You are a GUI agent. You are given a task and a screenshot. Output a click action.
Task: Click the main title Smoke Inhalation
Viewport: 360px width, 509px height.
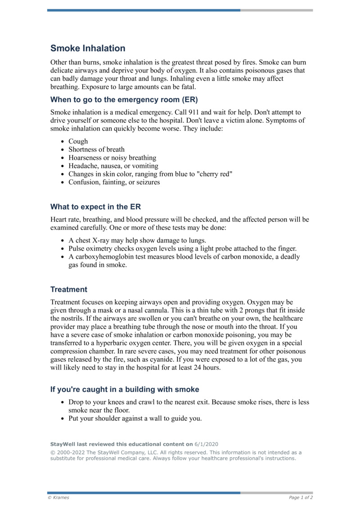pyautogui.click(x=88, y=48)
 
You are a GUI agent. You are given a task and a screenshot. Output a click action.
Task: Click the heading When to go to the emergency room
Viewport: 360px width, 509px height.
pyautogui.click(x=124, y=99)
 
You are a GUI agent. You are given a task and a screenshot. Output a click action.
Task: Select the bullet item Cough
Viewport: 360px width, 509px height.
pyautogui.click(x=78, y=141)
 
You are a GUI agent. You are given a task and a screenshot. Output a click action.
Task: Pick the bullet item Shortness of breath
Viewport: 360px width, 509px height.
pyautogui.click(x=96, y=149)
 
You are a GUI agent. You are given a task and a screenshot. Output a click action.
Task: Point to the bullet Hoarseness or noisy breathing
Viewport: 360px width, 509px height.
pyautogui.click(x=112, y=158)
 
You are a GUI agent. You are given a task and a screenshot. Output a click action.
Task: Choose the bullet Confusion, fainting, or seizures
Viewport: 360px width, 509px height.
pyautogui.click(x=114, y=182)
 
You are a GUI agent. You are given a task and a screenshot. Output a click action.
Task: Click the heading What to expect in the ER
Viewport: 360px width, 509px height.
pyautogui.click(x=95, y=207)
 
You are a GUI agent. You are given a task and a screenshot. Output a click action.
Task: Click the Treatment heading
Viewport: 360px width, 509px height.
pyautogui.click(x=69, y=289)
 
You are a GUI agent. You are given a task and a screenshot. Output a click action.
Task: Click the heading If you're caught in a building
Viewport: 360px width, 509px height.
pyautogui.click(x=125, y=389)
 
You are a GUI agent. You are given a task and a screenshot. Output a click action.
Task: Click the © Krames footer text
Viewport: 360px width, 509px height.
pyautogui.click(x=58, y=497)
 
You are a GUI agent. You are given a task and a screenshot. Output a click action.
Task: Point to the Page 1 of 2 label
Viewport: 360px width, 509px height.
pyautogui.click(x=301, y=497)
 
